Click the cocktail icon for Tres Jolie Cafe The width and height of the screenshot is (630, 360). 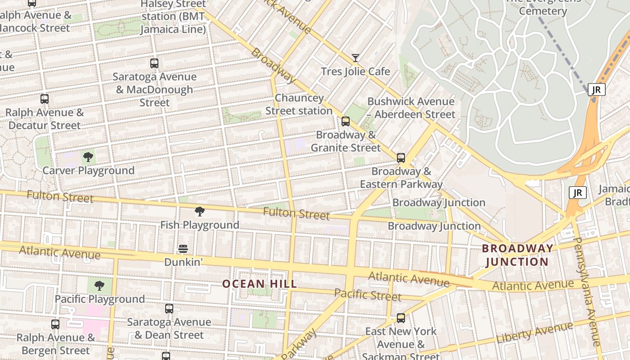355,58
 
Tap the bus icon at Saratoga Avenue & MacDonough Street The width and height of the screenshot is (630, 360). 154,63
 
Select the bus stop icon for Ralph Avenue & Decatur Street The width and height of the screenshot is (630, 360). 44,99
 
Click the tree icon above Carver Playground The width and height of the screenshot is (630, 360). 88,157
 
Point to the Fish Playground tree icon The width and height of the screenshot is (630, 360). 200,211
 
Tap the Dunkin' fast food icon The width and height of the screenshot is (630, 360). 183,249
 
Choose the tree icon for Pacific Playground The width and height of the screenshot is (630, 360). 99,286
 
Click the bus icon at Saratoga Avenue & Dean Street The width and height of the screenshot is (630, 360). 169,309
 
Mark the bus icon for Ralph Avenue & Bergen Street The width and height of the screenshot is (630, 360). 55,324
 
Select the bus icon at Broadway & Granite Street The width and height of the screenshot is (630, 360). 346,121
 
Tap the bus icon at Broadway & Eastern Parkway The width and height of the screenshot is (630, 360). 401,158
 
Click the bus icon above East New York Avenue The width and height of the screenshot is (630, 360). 401,318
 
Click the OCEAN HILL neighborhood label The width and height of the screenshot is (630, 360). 260,284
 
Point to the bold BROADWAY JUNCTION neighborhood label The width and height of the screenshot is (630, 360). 517,255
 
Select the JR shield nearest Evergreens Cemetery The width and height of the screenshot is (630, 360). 596,90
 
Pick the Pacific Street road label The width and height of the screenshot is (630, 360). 368,295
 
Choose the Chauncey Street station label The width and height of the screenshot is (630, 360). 299,104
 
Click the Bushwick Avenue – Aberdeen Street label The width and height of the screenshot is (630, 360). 411,108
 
